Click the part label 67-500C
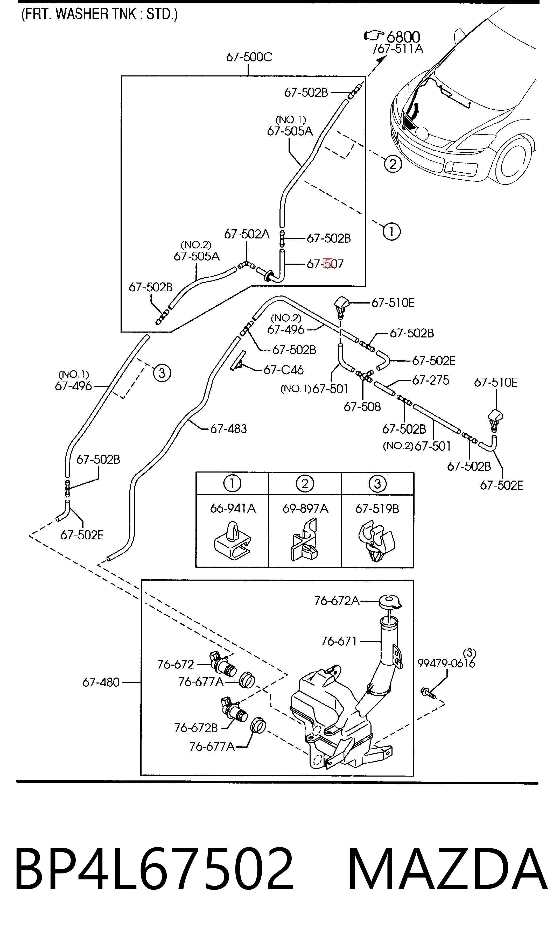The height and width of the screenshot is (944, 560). coord(249,57)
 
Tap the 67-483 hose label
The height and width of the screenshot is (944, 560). coord(228,429)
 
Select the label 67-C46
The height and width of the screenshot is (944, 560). coord(283,370)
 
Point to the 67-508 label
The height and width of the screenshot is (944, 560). coord(362,407)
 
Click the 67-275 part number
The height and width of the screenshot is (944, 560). coord(431,380)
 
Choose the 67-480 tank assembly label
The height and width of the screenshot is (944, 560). coord(101,682)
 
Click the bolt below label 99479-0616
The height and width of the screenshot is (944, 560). coord(428,692)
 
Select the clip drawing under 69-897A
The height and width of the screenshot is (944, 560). coord(305,539)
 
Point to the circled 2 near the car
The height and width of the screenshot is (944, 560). coord(393,164)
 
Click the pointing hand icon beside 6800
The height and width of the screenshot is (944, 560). coord(374,36)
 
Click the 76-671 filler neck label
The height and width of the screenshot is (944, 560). coord(339,641)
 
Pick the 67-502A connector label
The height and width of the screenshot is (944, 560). coord(247,234)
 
